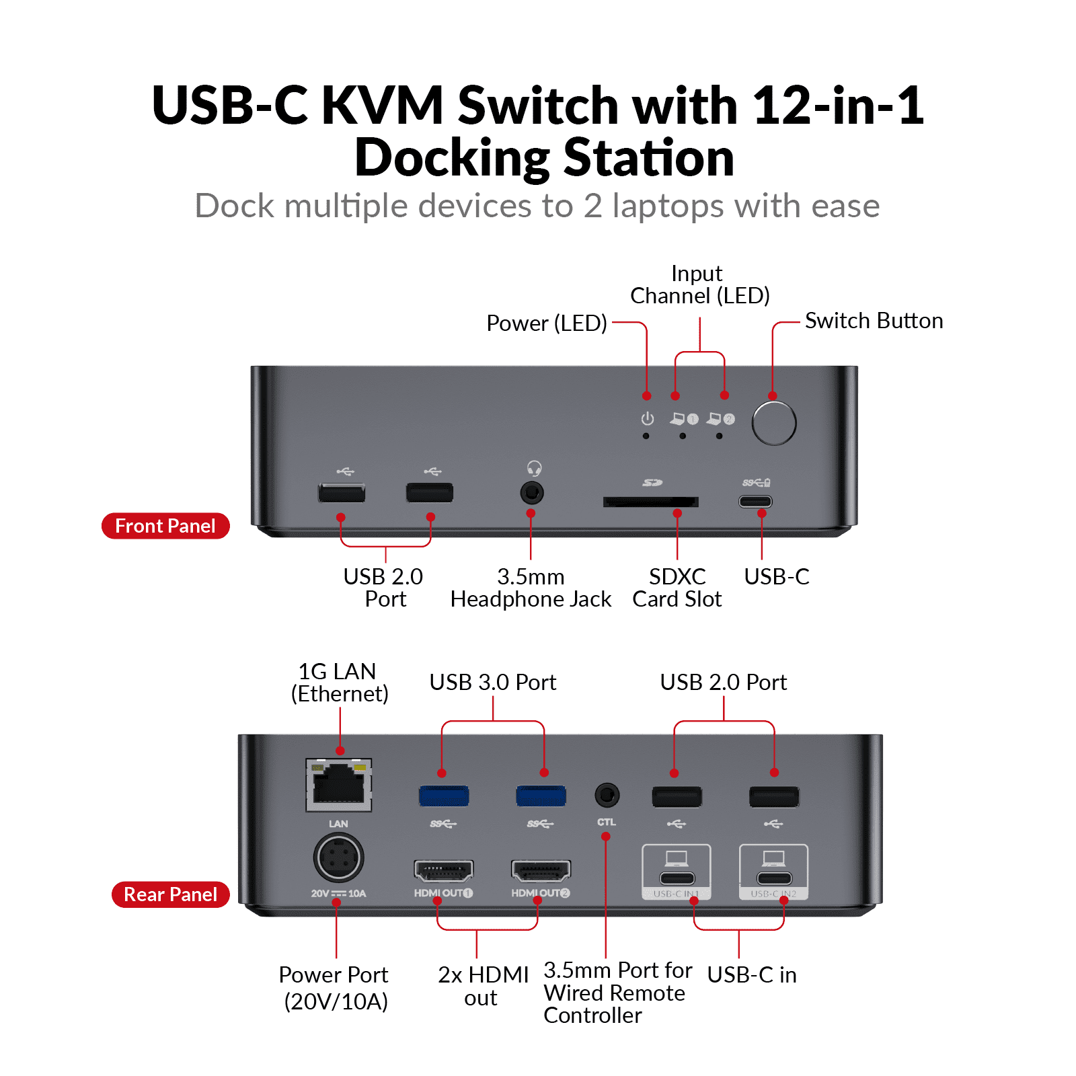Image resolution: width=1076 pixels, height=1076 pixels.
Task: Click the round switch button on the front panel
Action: coord(773,423)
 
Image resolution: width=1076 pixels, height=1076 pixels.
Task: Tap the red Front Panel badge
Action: coord(165,526)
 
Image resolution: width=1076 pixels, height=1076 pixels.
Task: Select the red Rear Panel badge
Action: coord(171,894)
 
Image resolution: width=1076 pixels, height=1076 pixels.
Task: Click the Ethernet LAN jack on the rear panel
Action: coord(339,785)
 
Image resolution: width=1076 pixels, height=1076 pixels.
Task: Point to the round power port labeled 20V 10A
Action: coord(338,857)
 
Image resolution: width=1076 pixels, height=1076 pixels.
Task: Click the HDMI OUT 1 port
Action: coord(443,871)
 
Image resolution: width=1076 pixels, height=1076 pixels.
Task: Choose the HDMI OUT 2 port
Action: coord(541,871)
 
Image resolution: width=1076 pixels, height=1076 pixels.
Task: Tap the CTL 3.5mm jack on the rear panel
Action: coord(607,796)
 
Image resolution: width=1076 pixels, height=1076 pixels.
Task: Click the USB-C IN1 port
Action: coord(677,878)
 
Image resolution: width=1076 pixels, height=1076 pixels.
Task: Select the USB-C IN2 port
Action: coord(774,878)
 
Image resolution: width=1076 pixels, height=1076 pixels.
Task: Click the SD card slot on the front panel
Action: coord(650,502)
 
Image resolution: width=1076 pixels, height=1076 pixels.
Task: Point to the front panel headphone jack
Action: coord(532,493)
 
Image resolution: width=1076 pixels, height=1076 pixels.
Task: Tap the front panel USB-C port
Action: coord(755,502)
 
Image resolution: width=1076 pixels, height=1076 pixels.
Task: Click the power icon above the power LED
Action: coord(647,419)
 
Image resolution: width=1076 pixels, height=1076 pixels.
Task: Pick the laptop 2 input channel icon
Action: coord(720,419)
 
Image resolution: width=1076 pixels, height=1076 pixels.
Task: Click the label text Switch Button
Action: coord(874,321)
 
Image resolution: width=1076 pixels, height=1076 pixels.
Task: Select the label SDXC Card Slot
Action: coord(677,588)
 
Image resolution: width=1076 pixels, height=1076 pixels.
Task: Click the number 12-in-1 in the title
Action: coord(838,106)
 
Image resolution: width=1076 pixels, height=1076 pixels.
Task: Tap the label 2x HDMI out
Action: coord(483,986)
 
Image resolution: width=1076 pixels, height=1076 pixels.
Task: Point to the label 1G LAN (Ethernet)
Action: coord(339,682)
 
